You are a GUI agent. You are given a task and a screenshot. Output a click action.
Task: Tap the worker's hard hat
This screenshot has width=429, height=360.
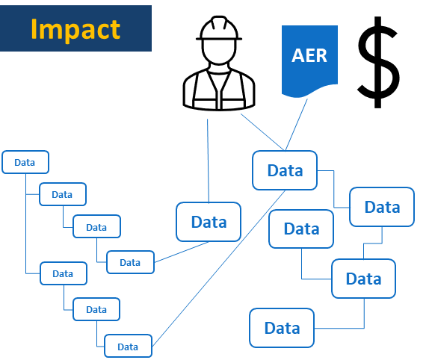point(219,28)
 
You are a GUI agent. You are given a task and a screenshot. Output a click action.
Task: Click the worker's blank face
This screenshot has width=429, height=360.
point(219,52)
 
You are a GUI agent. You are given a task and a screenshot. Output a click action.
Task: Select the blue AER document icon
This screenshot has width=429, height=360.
point(309,61)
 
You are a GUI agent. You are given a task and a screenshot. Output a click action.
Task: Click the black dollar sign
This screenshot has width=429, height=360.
point(378,62)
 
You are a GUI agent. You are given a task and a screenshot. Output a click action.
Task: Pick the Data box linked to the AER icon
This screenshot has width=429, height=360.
point(285,170)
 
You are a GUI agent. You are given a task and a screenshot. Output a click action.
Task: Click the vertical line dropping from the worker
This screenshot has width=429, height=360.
point(208,161)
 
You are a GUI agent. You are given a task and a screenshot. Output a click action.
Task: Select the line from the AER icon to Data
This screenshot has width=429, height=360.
point(296,125)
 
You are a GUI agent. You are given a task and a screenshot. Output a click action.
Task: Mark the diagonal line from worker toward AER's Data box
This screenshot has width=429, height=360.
point(262,132)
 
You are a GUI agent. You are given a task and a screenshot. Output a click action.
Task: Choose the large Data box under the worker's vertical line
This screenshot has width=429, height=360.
point(209,222)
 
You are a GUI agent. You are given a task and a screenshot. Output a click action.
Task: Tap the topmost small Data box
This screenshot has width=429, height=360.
point(25,162)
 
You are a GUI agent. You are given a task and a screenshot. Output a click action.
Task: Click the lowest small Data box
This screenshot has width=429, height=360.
point(128,346)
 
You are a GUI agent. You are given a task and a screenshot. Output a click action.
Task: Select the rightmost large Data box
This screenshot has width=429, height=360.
point(382,207)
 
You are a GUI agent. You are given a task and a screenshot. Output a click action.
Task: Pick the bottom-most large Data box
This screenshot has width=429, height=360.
point(282,328)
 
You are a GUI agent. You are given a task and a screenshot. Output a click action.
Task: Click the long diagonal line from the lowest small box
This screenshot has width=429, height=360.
point(218,268)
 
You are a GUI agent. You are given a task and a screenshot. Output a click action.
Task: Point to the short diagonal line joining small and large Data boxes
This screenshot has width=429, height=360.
point(182,252)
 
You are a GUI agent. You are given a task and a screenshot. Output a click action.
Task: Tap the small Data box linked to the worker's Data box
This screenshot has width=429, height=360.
point(130,262)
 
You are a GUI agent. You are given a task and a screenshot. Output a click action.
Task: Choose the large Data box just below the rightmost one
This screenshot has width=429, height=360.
point(364,279)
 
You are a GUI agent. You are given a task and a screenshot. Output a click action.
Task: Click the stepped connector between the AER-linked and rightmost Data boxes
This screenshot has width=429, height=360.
point(334,189)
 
